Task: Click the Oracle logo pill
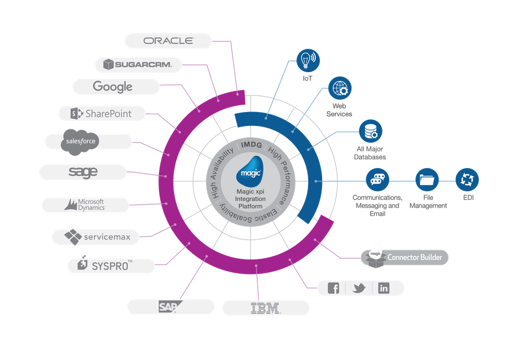tap(168, 40)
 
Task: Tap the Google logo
tap(113, 87)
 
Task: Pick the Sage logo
tap(83, 172)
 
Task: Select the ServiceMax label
tap(98, 237)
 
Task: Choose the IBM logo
tap(265, 308)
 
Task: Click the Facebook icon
tap(333, 288)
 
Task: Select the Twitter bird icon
tap(359, 288)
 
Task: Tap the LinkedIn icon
tap(384, 288)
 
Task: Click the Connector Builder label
tap(411, 257)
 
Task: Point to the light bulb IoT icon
tap(308, 59)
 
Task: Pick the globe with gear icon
tap(340, 89)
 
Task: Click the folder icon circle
tap(427, 180)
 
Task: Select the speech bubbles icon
tap(377, 180)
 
